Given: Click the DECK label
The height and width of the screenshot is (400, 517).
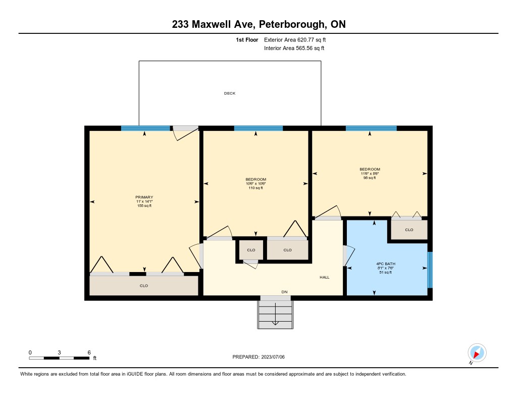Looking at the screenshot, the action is pyautogui.click(x=230, y=94).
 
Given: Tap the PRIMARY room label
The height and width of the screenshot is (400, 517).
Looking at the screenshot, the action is pyautogui.click(x=144, y=197).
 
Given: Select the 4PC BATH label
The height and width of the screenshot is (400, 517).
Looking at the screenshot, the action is pyautogui.click(x=385, y=264).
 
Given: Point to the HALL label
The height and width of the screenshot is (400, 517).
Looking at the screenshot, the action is pyautogui.click(x=325, y=278).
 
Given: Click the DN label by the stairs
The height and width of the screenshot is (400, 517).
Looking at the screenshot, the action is pyautogui.click(x=284, y=292).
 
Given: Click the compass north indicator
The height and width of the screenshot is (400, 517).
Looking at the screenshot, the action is pyautogui.click(x=477, y=353).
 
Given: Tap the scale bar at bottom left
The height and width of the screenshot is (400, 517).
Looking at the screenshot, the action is pyautogui.click(x=59, y=358).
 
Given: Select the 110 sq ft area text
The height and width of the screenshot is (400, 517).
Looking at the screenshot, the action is pyautogui.click(x=255, y=188).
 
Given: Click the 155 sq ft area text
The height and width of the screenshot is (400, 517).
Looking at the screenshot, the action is pyautogui.click(x=144, y=206).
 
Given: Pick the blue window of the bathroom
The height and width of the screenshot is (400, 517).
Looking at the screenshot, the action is pyautogui.click(x=430, y=270).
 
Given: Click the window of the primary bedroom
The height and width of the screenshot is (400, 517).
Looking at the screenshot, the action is pyautogui.click(x=145, y=128).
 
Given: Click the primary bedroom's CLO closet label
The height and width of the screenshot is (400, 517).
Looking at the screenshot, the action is pyautogui.click(x=144, y=286).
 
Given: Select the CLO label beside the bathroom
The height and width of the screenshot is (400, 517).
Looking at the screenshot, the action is pyautogui.click(x=409, y=230).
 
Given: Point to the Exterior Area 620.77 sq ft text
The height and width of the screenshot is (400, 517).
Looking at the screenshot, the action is pyautogui.click(x=295, y=40).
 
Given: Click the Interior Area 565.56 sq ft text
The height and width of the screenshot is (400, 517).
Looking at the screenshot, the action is pyautogui.click(x=294, y=48).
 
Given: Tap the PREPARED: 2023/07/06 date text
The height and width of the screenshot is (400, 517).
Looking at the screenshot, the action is pyautogui.click(x=258, y=357).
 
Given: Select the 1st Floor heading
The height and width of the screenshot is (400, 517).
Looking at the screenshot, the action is pyautogui.click(x=247, y=40).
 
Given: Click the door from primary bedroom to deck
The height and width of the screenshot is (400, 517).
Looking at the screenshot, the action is pyautogui.click(x=186, y=132).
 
